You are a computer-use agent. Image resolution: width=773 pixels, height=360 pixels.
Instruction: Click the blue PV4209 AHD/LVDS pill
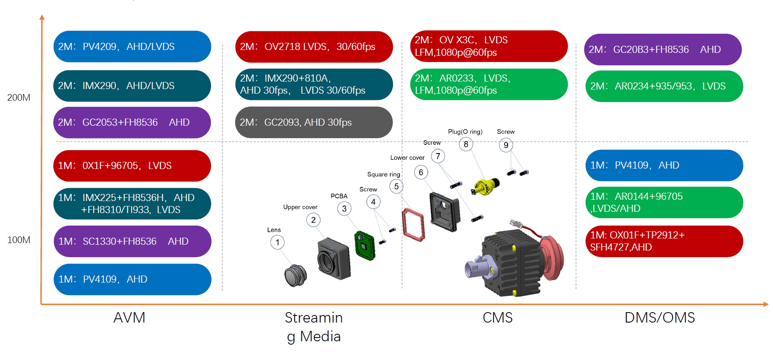[x=132, y=47]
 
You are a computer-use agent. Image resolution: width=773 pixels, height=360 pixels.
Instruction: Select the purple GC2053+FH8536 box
[x=132, y=122]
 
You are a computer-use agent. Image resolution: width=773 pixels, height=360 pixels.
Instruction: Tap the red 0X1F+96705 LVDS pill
[x=132, y=166]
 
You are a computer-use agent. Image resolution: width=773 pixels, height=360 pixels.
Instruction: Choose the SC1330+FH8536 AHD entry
[x=132, y=241]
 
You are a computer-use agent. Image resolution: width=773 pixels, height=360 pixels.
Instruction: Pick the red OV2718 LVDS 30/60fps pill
[x=314, y=47]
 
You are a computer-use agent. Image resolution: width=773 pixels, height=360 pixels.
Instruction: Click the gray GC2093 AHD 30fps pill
[x=314, y=122]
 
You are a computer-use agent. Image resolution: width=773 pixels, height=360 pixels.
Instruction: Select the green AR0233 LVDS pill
[x=489, y=84]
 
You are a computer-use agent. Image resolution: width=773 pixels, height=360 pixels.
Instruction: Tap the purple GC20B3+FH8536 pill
[x=663, y=50]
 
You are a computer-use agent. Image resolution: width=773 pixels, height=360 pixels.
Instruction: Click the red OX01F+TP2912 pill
[x=664, y=241]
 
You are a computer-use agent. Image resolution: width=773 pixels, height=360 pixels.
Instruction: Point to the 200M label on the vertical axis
[x=19, y=98]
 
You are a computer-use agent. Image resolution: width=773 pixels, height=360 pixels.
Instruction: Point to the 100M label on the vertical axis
[x=19, y=240]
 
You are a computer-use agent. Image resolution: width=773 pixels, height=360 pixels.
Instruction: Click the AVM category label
[x=129, y=318]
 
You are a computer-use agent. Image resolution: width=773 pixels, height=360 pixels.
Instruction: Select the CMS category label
[x=497, y=318]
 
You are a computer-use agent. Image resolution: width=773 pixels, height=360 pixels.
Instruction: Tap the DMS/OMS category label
[x=660, y=318]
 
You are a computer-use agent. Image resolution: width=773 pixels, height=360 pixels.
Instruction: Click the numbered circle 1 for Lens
[x=277, y=242]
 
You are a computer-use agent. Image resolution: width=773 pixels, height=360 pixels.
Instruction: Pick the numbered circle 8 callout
[x=466, y=144]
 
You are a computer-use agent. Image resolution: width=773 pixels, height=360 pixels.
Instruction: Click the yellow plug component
[x=486, y=186]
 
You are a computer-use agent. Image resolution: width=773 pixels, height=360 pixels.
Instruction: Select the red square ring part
[x=413, y=225]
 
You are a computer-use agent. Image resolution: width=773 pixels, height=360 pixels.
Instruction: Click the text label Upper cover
[x=300, y=207]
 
